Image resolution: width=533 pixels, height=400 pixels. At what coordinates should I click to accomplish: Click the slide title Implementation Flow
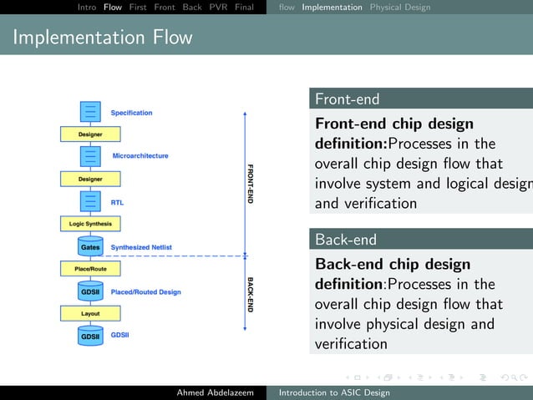(x=102, y=38)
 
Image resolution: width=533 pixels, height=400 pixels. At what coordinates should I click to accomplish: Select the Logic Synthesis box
(x=90, y=224)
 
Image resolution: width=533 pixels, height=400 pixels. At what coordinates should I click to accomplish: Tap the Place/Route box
(x=90, y=269)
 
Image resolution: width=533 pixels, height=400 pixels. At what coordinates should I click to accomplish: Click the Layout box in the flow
(x=90, y=314)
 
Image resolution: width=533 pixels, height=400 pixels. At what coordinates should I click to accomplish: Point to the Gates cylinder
(x=90, y=247)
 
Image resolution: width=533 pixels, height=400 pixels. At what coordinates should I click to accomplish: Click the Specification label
(x=131, y=113)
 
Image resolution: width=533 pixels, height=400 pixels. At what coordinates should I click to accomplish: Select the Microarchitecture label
(x=140, y=156)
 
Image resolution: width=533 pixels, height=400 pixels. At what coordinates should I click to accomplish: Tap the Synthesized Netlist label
(x=141, y=247)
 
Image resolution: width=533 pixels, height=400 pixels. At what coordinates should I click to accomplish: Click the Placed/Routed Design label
(x=145, y=292)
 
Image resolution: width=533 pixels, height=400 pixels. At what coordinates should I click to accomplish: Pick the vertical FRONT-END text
(x=250, y=183)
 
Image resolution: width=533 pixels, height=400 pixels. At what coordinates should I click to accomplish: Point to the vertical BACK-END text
(x=250, y=294)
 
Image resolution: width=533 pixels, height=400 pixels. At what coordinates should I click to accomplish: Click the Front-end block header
(x=347, y=99)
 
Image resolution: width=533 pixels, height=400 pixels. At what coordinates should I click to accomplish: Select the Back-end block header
(x=345, y=240)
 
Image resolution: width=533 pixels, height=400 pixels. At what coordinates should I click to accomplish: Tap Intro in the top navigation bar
(x=87, y=8)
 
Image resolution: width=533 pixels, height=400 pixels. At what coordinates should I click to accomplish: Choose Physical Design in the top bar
(x=400, y=8)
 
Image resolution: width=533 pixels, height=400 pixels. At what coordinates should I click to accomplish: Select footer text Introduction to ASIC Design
(x=334, y=392)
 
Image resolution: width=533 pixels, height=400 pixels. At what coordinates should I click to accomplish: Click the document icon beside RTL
(x=90, y=202)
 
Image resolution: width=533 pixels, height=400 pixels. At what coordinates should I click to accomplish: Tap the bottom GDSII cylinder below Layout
(x=90, y=336)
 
